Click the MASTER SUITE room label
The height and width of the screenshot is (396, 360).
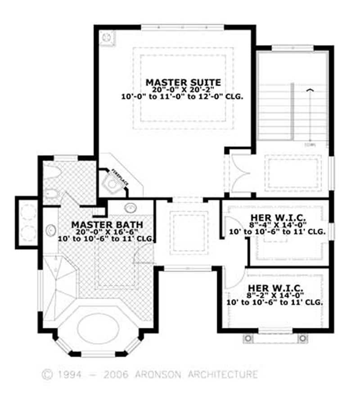coord(183,82)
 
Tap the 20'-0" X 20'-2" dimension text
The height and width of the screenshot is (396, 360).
coord(183,89)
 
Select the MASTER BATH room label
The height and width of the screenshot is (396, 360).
coord(107,224)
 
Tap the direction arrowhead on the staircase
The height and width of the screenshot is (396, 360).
coord(309,90)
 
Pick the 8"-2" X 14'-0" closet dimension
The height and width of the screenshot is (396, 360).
coord(277,295)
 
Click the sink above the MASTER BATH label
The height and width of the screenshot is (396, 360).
coord(130,209)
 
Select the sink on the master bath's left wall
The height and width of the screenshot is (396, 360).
coord(50,230)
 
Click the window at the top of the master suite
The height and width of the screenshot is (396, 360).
coord(183,27)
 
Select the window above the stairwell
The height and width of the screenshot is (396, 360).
coord(292,47)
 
